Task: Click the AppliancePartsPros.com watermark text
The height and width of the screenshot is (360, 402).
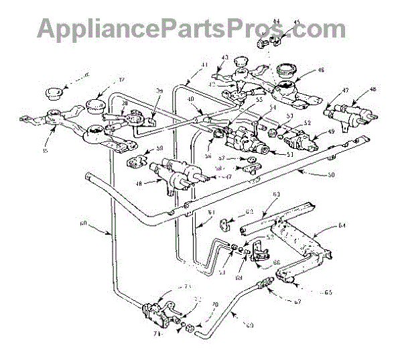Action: [x=192, y=28]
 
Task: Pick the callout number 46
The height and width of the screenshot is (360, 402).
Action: [x=322, y=69]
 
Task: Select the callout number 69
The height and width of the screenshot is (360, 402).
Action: [x=249, y=325]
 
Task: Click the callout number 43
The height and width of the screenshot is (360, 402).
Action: [x=224, y=57]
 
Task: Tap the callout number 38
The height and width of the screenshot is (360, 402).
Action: [x=125, y=103]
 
